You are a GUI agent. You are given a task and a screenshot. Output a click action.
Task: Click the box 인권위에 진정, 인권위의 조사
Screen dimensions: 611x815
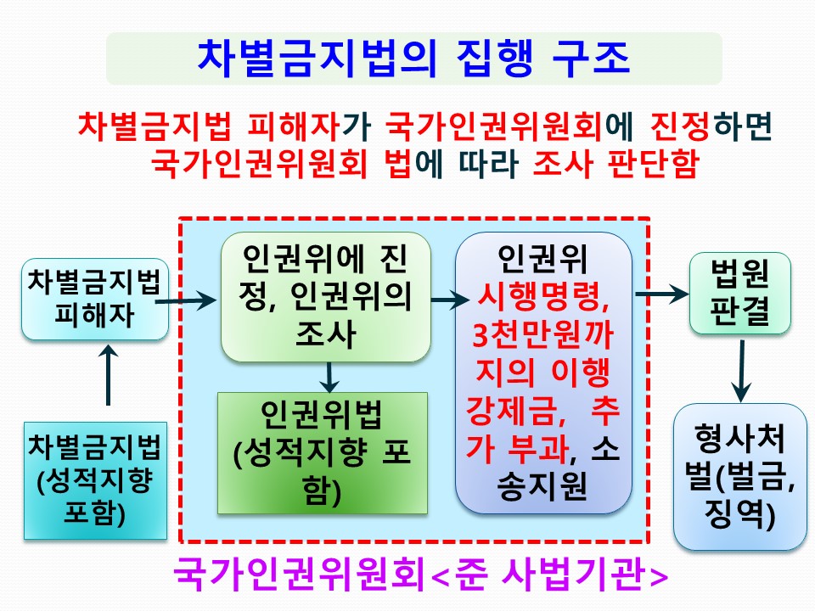[x=325, y=297]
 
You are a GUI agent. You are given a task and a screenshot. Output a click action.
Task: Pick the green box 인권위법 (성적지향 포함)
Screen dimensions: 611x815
[x=322, y=452]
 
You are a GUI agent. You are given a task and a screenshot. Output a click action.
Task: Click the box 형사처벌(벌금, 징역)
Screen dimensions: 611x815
[x=739, y=476]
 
